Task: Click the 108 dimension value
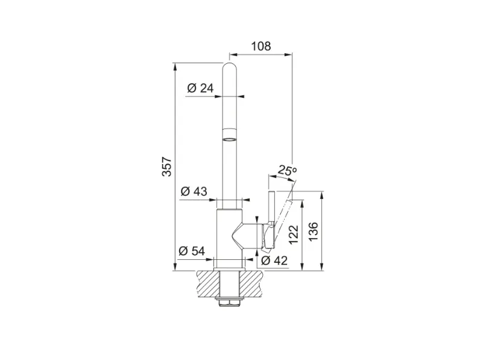click(x=261, y=46)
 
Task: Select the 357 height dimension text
click(x=167, y=166)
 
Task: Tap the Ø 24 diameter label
click(x=200, y=88)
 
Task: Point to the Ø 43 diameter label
click(x=194, y=191)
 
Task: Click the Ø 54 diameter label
click(x=192, y=251)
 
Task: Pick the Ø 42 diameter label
click(x=274, y=261)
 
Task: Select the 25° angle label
click(x=287, y=171)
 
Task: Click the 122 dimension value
click(x=294, y=235)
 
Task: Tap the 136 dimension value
click(x=314, y=232)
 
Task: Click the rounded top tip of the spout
click(x=230, y=65)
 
